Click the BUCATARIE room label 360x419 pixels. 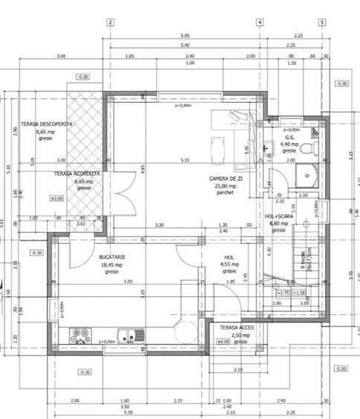(114, 256)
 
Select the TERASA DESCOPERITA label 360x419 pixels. (46, 124)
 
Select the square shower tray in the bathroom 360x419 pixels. (307, 176)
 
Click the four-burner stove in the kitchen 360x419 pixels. (80, 334)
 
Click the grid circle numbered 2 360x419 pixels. (109, 22)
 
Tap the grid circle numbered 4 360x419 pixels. (260, 22)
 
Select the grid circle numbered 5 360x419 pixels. (322, 22)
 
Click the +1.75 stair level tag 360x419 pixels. (283, 292)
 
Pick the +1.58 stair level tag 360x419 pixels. (300, 292)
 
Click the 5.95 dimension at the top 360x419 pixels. (184, 36)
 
